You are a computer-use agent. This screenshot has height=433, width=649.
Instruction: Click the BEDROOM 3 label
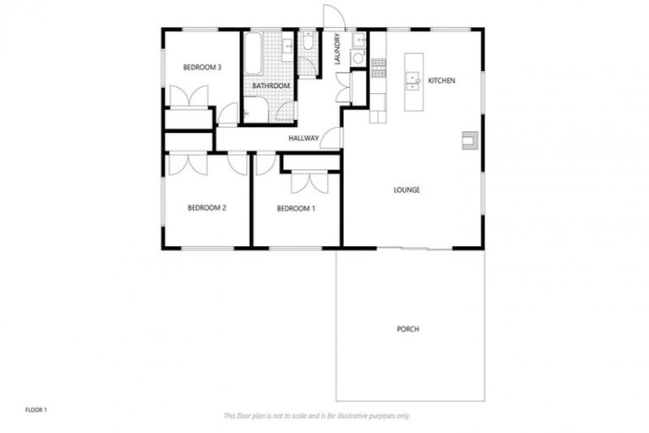203,68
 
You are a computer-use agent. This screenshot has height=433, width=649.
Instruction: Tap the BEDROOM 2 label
207,207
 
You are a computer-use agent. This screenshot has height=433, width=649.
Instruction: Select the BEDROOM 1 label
297,207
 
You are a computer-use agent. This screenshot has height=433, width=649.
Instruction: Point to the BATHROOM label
271,86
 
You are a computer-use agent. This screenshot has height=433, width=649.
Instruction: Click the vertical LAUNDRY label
337,49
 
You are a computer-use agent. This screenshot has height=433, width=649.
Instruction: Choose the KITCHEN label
442,80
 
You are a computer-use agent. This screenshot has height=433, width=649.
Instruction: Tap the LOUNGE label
406,189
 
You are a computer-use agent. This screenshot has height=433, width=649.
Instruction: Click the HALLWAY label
303,137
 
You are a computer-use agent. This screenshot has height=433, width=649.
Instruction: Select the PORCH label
407,329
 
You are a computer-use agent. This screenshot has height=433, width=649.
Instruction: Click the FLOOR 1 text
35,410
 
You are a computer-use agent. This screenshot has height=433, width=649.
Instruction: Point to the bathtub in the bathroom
253,55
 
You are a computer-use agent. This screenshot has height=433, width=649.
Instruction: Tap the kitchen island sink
413,80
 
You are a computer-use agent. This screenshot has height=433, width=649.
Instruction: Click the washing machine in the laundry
357,58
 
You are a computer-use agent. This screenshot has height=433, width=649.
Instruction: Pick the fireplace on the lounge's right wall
469,140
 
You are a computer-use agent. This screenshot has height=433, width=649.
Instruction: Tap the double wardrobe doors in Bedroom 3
189,97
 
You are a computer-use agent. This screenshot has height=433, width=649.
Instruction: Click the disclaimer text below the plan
317,416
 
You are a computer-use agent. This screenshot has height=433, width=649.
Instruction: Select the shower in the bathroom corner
256,110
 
